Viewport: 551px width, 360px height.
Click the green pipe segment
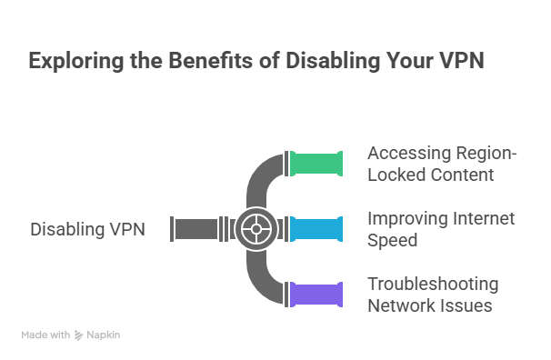pos(316,164)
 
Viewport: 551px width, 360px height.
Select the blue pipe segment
pos(316,228)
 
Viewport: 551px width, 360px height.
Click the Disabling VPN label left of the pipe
pos(87,229)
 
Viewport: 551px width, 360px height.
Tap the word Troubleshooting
pos(433,284)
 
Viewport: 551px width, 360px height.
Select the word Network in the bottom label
pos(397,305)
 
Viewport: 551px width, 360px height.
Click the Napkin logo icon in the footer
pos(80,335)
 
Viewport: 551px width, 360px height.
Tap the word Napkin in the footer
pos(104,335)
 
